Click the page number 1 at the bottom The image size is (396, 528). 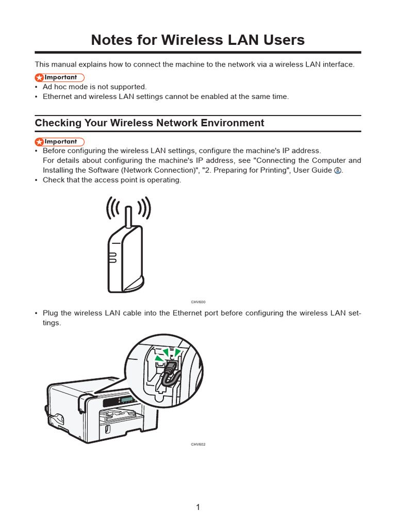(198, 507)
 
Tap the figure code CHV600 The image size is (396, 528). (198, 302)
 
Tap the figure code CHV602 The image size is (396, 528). (198, 444)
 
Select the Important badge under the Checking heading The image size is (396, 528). (59, 141)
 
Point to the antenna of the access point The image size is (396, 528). (128, 217)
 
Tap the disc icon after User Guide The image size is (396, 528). (337, 171)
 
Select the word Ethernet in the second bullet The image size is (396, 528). (58, 96)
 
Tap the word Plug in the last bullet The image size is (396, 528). (51, 313)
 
